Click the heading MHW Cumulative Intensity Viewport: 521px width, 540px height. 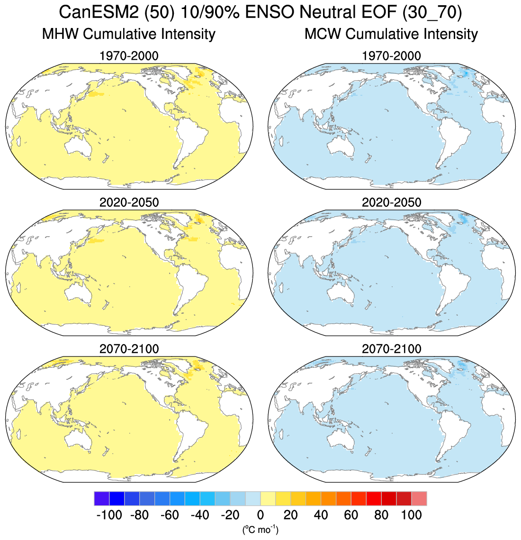(x=128, y=34)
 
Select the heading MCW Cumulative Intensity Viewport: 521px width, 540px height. (x=391, y=34)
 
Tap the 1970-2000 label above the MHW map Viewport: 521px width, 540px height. (x=129, y=56)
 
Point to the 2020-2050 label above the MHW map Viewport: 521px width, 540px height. (x=129, y=202)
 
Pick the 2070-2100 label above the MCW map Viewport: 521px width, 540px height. (x=391, y=349)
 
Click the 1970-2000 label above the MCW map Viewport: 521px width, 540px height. (x=391, y=56)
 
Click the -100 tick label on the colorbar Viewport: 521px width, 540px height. (x=109, y=515)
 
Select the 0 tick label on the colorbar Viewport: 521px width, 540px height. (x=260, y=515)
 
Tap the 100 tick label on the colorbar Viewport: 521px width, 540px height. (x=412, y=515)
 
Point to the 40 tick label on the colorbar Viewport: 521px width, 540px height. (x=321, y=515)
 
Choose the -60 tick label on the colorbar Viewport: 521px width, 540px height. (x=170, y=515)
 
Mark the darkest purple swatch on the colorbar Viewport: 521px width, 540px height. (x=102, y=499)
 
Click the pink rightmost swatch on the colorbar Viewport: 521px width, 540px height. (x=419, y=499)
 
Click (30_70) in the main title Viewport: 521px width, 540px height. (x=431, y=12)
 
